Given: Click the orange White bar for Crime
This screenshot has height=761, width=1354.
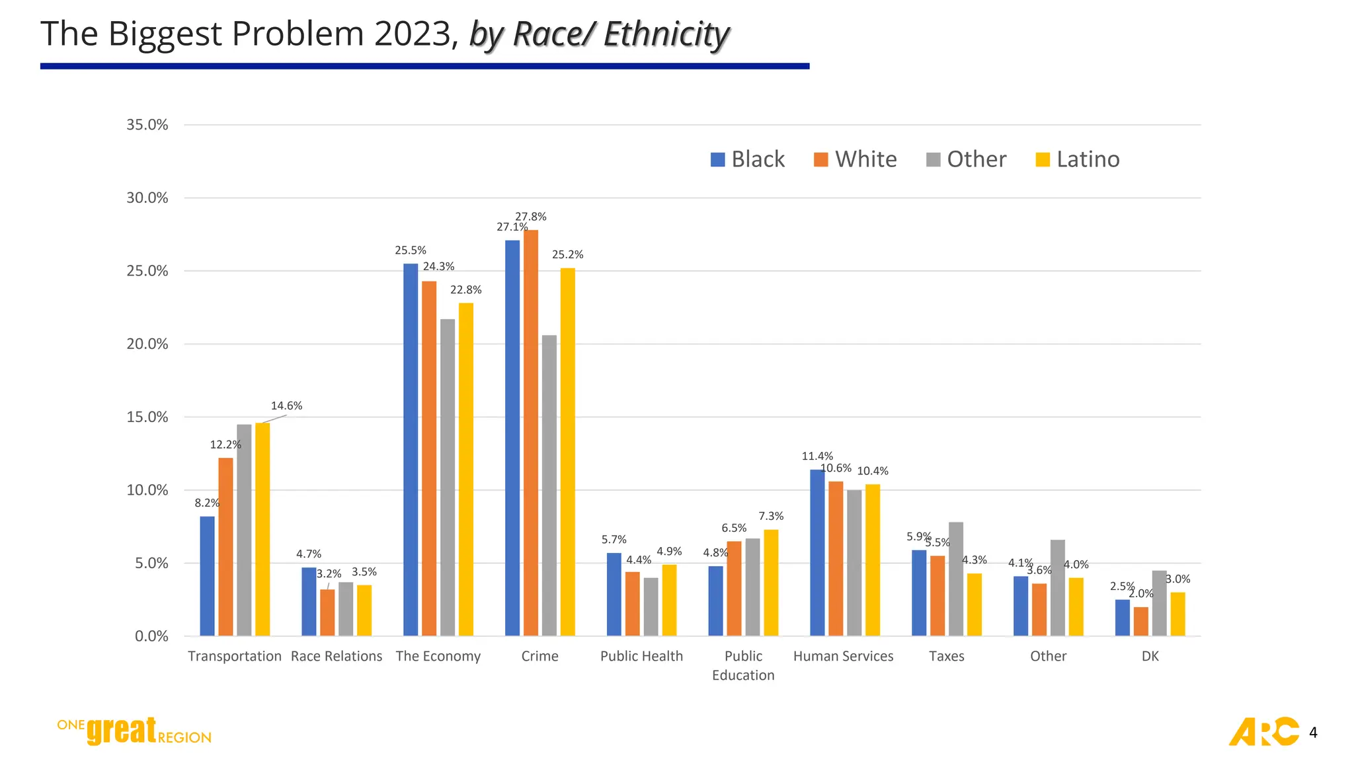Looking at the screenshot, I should click(530, 433).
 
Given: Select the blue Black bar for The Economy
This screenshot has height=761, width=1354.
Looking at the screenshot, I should click(411, 449).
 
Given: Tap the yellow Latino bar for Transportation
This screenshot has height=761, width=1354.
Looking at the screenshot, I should click(262, 529).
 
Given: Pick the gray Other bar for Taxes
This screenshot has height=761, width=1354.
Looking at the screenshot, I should click(955, 579).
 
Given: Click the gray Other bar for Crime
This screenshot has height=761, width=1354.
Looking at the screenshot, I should click(549, 486).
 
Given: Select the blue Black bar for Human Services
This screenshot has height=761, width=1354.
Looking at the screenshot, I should click(817, 552).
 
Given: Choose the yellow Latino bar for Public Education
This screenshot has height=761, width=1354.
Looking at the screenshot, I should click(771, 583).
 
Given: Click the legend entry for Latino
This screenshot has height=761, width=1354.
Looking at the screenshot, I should click(1077, 159).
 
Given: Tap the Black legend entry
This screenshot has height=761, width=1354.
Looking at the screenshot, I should click(748, 159).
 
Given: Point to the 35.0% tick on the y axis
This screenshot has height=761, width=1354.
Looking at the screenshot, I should click(147, 125).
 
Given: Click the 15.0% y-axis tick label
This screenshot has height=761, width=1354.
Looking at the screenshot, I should click(147, 417).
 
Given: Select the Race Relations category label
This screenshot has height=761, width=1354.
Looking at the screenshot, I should click(337, 656).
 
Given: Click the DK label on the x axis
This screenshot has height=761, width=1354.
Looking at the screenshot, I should click(1150, 656).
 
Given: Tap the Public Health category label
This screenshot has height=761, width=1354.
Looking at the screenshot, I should click(641, 656).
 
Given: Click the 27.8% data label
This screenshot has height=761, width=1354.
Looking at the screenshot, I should click(531, 217).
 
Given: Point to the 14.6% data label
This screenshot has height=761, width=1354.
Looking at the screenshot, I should click(286, 406).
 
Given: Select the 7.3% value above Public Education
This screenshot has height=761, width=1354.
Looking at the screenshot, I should click(771, 516).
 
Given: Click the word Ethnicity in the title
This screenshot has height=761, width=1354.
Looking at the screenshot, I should click(666, 34).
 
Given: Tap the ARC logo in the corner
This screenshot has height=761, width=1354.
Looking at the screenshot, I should click(1263, 731).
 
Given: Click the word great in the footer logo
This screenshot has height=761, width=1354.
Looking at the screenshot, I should click(122, 731).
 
